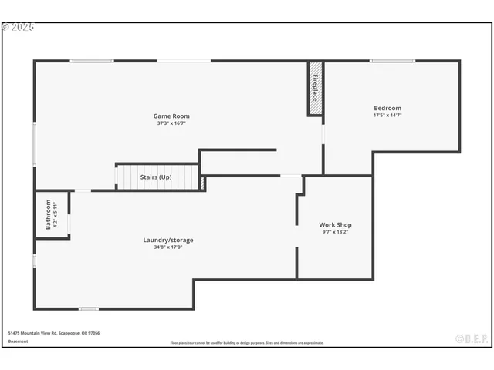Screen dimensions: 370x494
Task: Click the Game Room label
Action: (171, 116)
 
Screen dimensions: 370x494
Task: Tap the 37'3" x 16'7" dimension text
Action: (171, 123)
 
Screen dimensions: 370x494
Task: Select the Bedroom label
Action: (387, 108)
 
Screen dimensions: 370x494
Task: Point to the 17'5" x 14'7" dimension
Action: (387, 115)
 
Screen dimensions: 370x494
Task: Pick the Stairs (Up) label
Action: (155, 177)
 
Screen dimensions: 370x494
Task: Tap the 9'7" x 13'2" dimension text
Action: (336, 232)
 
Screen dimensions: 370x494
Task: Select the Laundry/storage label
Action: (168, 240)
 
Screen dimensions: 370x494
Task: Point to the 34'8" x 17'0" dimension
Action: (168, 247)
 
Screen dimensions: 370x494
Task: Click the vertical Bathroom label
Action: (48, 214)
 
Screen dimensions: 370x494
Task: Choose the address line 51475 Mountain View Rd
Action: (54, 333)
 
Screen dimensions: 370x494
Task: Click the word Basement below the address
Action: (17, 341)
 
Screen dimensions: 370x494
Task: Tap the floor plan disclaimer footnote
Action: (247, 343)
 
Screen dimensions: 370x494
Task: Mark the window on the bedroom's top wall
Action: (392, 61)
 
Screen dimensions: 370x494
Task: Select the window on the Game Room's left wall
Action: (35, 143)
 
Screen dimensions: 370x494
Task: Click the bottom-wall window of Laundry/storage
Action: (88, 309)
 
